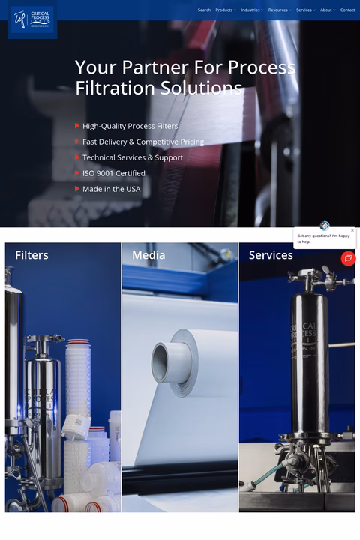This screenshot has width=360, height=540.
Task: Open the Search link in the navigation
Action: (204, 10)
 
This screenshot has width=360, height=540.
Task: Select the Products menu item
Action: (225, 10)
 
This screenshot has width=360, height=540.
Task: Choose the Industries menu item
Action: (251, 10)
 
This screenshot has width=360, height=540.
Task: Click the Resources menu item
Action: (279, 10)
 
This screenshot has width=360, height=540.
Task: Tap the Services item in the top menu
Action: (304, 10)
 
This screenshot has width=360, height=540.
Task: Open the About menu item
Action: (327, 10)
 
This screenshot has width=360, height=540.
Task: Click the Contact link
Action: (348, 10)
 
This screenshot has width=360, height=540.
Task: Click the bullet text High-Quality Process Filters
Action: (130, 126)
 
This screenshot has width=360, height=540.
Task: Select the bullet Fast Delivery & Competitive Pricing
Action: (142, 142)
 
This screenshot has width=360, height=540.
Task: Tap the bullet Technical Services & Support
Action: (132, 157)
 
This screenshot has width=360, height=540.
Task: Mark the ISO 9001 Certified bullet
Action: (113, 173)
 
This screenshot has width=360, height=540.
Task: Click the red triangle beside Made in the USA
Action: (77, 189)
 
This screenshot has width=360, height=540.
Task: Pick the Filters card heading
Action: (31, 255)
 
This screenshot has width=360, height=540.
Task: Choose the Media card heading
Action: (148, 255)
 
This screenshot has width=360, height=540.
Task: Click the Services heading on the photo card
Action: (271, 255)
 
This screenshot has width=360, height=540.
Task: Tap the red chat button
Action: (348, 258)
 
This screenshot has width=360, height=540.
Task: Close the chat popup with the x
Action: (352, 231)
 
